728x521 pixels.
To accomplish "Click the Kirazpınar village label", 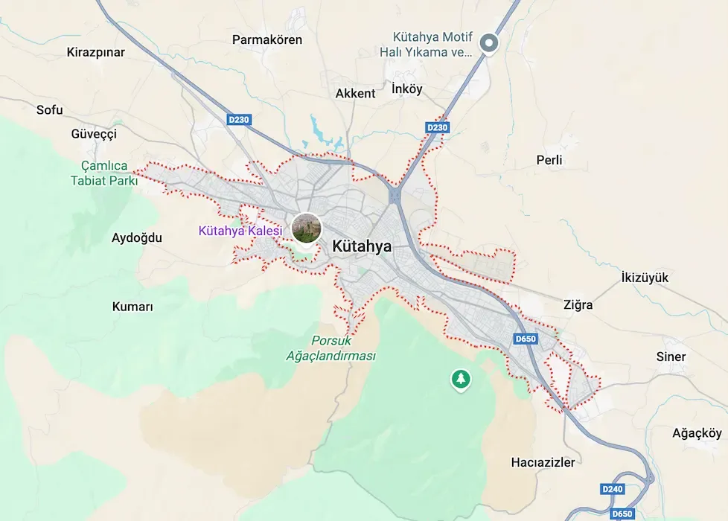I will pos(95,52).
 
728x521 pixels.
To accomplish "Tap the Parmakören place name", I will pos(267,39).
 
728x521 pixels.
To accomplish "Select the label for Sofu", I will pos(50,110).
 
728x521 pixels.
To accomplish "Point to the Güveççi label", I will pos(94,134).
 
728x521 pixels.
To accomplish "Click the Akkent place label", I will pos(355,94).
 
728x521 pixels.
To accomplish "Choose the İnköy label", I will pos(406,89).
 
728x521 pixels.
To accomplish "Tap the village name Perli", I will pos(549,160).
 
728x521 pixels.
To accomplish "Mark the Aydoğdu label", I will pos(136,238).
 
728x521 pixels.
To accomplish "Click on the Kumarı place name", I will pos(132,307).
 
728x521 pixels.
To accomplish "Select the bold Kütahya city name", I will pos(362,246).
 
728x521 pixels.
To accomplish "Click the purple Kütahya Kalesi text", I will pos(240,231).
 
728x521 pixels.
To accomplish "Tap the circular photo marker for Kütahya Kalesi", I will pos(306,228).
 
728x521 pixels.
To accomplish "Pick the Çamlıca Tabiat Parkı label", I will pos(104,173).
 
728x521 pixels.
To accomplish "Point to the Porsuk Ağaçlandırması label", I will pos(331,348).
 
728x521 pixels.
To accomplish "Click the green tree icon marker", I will pos(461,380).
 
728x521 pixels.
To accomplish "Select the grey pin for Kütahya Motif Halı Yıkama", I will pos(488,43).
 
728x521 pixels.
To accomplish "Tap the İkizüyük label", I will pos(645,278).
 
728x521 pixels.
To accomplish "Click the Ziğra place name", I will pos(578,304).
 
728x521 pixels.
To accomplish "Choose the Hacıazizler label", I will pos(543,462).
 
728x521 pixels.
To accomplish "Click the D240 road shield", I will pos(612,489).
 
